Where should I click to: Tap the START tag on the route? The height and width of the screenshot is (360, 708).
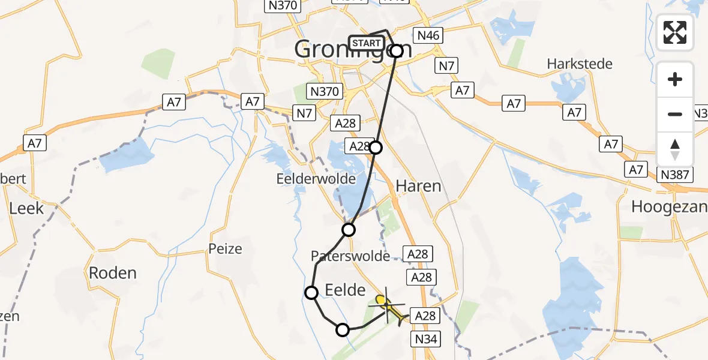point(366,43)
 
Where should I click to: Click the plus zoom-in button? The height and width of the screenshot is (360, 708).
point(675,79)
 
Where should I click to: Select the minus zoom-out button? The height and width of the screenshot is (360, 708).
point(675,114)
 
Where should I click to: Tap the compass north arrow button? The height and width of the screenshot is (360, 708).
point(675,149)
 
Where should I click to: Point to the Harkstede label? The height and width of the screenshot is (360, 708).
point(580,64)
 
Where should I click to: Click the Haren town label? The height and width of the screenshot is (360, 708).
point(418,186)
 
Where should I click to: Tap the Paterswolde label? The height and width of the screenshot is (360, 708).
point(350,256)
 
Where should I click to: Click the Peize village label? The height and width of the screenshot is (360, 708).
point(225,248)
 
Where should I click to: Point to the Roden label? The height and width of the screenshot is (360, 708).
point(112,273)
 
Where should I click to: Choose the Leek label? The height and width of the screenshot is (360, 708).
point(26,208)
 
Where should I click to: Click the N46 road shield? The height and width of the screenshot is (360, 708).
point(428,35)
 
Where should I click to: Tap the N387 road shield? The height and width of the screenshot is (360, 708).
point(675,175)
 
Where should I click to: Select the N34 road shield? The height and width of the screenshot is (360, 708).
point(427,340)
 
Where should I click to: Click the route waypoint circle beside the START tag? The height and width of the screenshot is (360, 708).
point(397,51)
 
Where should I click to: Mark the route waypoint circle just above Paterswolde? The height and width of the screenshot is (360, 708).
point(349,229)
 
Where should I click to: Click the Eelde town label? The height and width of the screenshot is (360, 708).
point(345,291)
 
